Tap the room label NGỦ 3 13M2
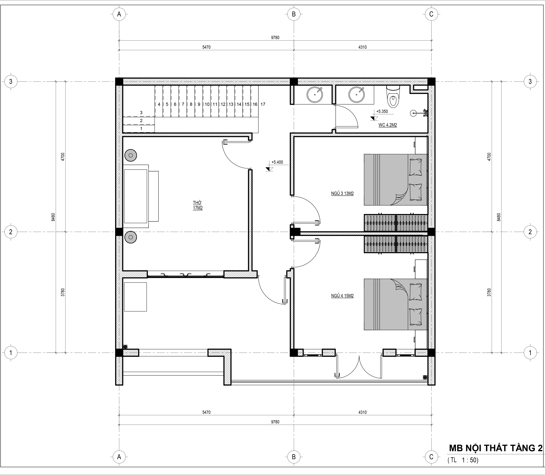(342, 194)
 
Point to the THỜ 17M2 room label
(198, 205)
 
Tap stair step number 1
(141, 129)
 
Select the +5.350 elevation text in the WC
(382, 111)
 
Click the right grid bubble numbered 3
(530, 81)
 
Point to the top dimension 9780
(275, 38)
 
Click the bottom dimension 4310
(362, 412)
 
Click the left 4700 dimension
(63, 157)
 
